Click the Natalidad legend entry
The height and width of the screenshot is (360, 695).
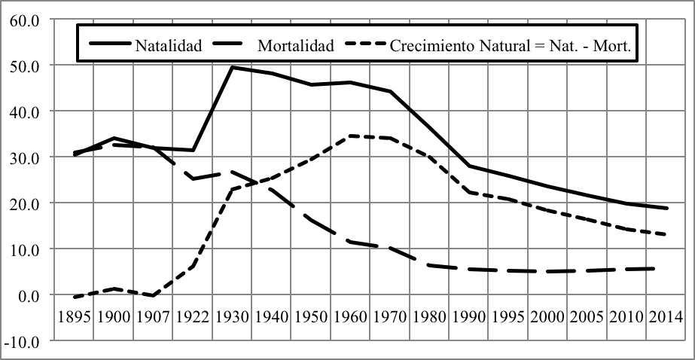pyautogui.click(x=169, y=45)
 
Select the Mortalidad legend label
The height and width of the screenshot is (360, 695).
pyautogui.click(x=295, y=45)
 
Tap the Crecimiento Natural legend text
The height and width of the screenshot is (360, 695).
pyautogui.click(x=514, y=45)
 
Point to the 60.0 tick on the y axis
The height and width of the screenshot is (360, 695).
pyautogui.click(x=24, y=20)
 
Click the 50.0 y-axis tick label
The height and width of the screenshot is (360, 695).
pyautogui.click(x=24, y=66)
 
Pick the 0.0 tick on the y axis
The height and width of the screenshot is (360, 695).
pyautogui.click(x=27, y=295)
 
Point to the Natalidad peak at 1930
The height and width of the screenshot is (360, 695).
pyautogui.click(x=232, y=67)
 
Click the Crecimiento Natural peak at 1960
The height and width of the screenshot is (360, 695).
pyautogui.click(x=349, y=136)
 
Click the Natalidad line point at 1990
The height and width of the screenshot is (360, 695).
pyautogui.click(x=468, y=166)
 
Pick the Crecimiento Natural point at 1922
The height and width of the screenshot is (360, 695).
pyautogui.click(x=193, y=266)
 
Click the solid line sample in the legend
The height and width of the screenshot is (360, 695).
pyautogui.click(x=111, y=45)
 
